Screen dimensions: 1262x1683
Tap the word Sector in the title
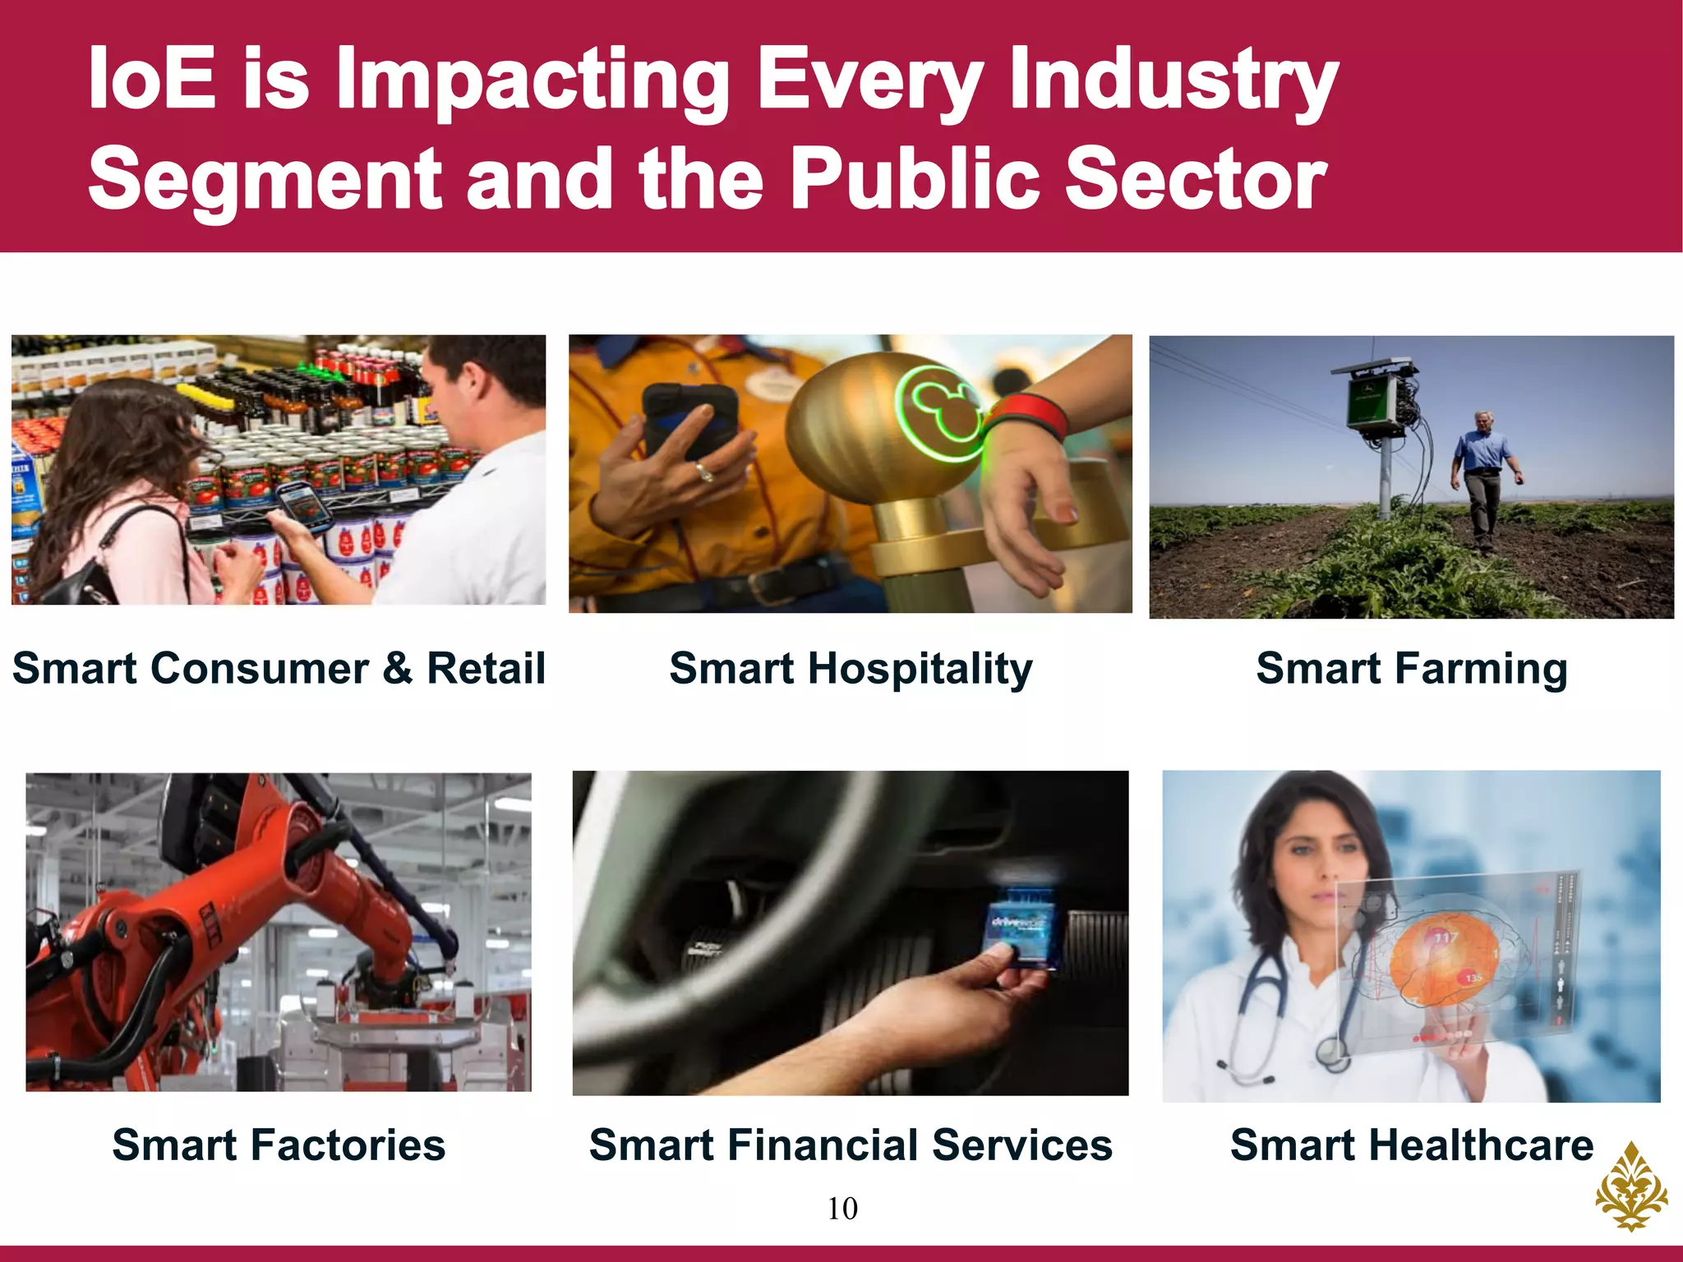tap(1196, 179)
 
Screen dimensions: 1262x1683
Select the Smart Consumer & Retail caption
tap(279, 667)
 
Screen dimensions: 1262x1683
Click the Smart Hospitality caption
tap(851, 669)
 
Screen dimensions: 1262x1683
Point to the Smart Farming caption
tap(1411, 667)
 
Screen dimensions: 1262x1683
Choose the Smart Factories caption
tap(279, 1145)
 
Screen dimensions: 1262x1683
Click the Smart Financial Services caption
tap(851, 1145)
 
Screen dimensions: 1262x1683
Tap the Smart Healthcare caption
tap(1411, 1145)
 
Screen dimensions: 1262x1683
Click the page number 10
tap(842, 1209)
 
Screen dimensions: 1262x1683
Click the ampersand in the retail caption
tap(397, 667)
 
